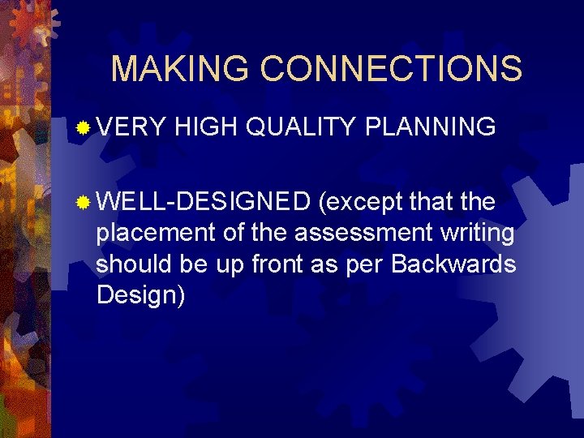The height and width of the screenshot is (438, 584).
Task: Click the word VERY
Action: click(131, 127)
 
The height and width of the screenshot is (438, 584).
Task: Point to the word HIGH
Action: click(204, 127)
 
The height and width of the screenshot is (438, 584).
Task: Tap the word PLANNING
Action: click(431, 127)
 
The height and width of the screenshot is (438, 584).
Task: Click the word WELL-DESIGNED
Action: click(203, 200)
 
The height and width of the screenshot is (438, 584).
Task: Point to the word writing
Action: click(478, 234)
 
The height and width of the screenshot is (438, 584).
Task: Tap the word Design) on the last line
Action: click(140, 295)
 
